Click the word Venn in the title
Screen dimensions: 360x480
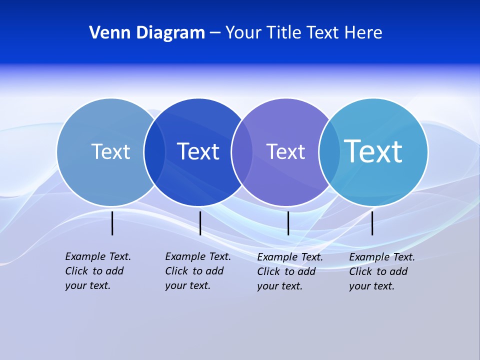(106, 33)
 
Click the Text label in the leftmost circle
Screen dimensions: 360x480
(110, 151)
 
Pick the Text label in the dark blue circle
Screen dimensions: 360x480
(198, 151)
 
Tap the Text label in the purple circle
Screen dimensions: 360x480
(285, 151)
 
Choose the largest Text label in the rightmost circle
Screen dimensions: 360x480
(373, 151)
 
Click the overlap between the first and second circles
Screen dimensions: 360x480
(154, 152)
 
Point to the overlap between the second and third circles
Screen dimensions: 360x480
(242, 152)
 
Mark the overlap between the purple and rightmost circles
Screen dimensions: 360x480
(329, 152)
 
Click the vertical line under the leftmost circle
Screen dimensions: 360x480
(112, 223)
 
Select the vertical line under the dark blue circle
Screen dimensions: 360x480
(200, 223)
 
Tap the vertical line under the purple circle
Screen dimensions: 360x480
(288, 223)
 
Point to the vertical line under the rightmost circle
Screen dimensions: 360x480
(372, 223)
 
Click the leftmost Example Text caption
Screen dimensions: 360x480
(98, 271)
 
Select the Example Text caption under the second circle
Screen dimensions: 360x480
(198, 271)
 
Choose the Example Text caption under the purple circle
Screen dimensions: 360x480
(290, 271)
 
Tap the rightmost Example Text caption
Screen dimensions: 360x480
(382, 271)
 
